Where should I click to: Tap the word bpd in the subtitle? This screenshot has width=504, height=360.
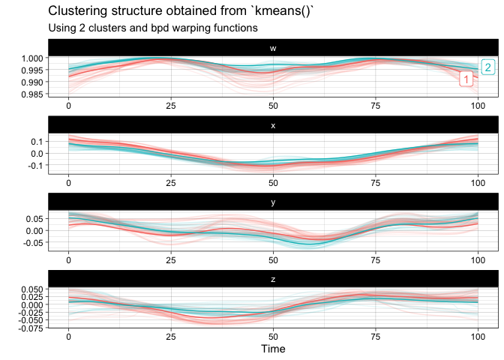tap(165, 28)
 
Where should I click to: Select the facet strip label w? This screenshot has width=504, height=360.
tap(273, 49)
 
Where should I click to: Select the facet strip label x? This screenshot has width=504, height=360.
tap(273, 125)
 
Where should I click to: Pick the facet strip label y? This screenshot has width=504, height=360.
tap(273, 202)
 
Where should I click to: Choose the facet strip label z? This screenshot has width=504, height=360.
tap(273, 278)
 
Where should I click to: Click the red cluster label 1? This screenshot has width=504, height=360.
tap(466, 79)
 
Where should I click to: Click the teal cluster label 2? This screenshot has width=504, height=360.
tap(487, 67)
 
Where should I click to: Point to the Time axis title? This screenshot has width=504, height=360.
tap(273, 349)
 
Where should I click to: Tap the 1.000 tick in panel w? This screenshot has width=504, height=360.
tap(34, 58)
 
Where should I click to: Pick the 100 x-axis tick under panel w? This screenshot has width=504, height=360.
tap(478, 106)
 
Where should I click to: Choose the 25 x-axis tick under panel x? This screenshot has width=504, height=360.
tap(171, 182)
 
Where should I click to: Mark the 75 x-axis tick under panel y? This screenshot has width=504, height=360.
tap(376, 259)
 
